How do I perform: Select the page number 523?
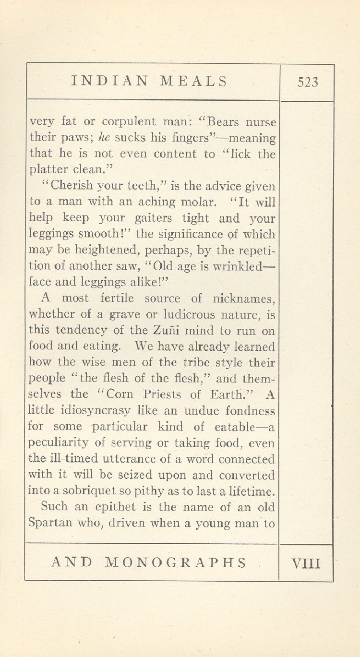pos(308,82)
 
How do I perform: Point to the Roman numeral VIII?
pos(306,562)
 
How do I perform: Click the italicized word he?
pos(104,138)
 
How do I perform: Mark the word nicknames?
pos(243,299)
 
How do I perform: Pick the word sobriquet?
pos(91,491)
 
